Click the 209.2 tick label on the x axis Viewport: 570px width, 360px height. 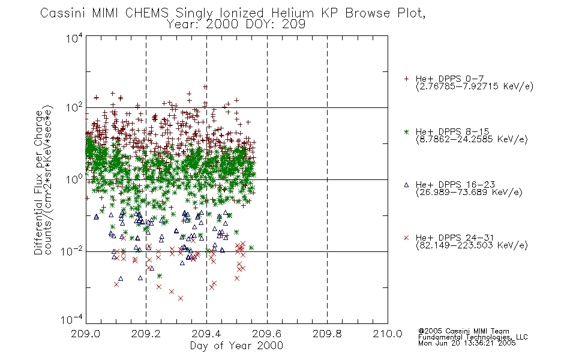tap(146, 334)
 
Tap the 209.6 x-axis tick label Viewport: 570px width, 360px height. tap(267, 334)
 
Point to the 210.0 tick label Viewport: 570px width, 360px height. tap(388, 334)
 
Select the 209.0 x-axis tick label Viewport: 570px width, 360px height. tap(85, 334)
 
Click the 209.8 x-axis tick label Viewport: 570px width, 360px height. tap(327, 334)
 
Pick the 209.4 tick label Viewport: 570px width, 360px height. tap(206, 334)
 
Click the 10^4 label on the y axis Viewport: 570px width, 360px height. tap(74, 38)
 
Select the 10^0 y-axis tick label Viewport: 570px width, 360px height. tap(74, 179)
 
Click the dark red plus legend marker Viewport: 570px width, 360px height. tap(406, 79)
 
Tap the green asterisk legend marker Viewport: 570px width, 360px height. tap(406, 131)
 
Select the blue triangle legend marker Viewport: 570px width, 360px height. tap(406, 185)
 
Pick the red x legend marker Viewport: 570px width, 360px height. tap(406, 238)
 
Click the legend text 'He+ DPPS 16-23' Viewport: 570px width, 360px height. tap(455, 184)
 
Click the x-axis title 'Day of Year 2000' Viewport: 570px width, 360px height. tap(236, 346)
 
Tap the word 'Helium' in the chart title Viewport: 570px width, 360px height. tap(292, 13)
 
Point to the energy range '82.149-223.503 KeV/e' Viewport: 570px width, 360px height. tap(472, 245)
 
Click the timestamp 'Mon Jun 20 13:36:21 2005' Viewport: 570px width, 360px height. tap(467, 343)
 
